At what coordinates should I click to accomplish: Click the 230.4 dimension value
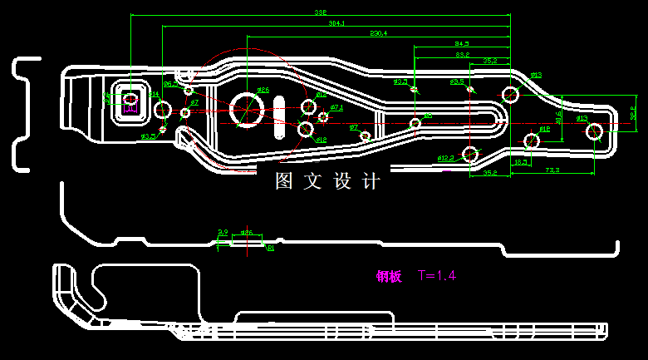pyautogui.click(x=379, y=33)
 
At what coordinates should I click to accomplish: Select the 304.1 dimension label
pyautogui.click(x=336, y=24)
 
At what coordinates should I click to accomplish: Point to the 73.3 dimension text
pyautogui.click(x=552, y=170)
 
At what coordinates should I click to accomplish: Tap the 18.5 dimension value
pyautogui.click(x=520, y=161)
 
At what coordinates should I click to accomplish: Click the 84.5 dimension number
pyautogui.click(x=462, y=43)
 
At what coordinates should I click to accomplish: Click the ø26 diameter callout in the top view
pyautogui.click(x=263, y=90)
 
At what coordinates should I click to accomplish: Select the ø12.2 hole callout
pyautogui.click(x=444, y=157)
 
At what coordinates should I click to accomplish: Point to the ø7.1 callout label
pyautogui.click(x=336, y=107)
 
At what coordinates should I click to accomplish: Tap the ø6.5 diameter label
pyautogui.click(x=169, y=84)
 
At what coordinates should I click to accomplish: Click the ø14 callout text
pyautogui.click(x=155, y=95)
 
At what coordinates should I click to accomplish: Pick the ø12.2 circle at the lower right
pyautogui.click(x=471, y=153)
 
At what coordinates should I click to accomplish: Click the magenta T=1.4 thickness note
pyautogui.click(x=437, y=275)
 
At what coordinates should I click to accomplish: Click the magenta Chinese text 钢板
pyautogui.click(x=389, y=276)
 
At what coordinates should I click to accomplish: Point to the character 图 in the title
pyautogui.click(x=284, y=180)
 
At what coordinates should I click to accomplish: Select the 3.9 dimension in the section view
pyautogui.click(x=223, y=232)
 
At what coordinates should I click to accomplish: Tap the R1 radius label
pyautogui.click(x=270, y=248)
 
